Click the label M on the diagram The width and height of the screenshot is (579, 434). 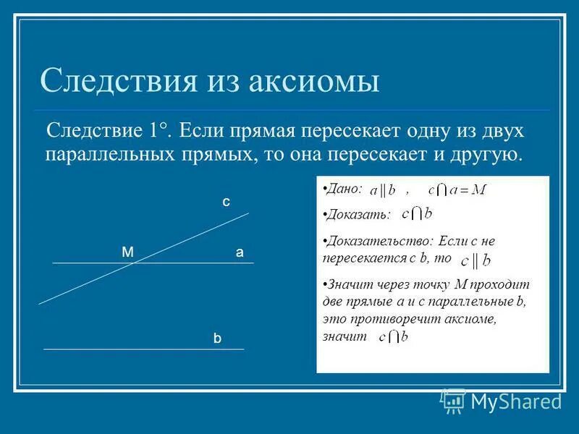[127, 252]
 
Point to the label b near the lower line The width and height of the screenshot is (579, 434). [216, 339]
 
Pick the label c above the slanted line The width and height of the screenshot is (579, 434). [226, 203]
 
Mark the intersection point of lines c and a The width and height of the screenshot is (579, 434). [130, 263]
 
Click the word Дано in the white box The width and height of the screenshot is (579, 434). [344, 188]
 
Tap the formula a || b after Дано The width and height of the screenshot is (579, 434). [382, 191]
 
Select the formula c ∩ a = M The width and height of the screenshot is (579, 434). [457, 191]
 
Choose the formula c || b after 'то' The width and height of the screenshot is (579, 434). [476, 260]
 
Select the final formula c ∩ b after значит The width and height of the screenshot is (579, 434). [394, 336]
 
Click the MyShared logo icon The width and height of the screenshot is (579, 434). [453, 401]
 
